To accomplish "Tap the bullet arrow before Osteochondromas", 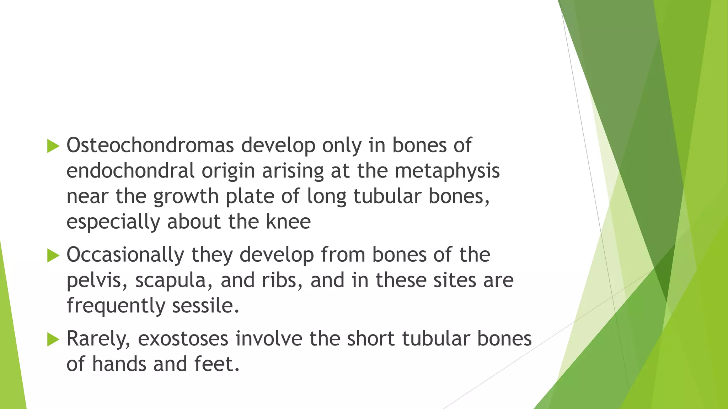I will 53,146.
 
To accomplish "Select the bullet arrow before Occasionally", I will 53,256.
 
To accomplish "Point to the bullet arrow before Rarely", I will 53,339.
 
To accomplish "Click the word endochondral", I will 130,171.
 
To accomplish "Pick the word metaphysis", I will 447,171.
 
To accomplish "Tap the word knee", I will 288,222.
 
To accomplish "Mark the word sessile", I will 205,306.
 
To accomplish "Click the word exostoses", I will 183,339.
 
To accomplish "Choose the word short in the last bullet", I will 370,339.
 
